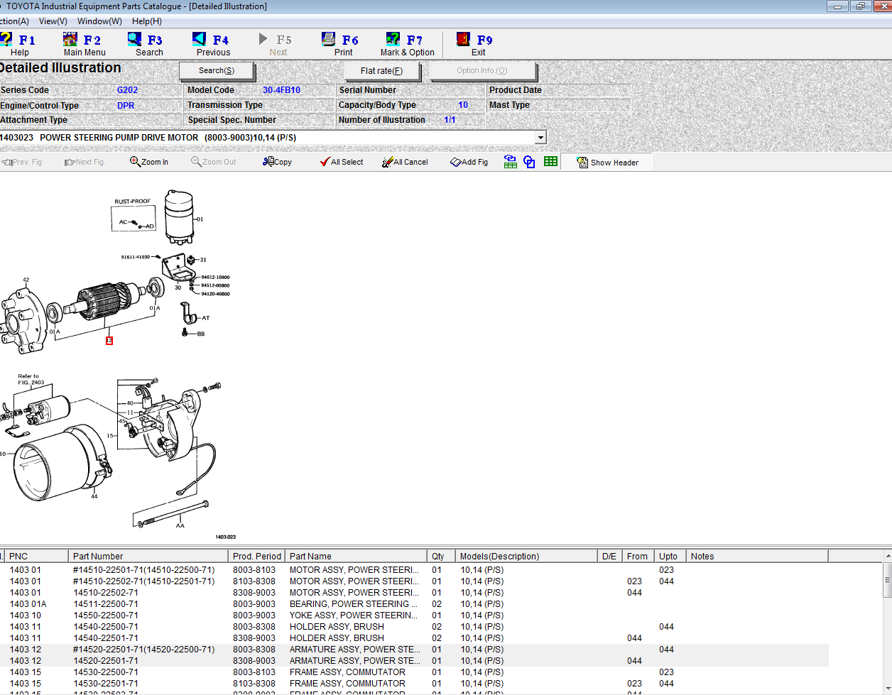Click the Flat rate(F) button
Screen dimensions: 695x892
[381, 71]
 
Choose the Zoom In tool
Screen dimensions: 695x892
[149, 162]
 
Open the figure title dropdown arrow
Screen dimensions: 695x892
[540, 137]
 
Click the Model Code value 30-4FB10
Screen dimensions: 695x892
[281, 90]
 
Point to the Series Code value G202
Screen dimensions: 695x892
[127, 90]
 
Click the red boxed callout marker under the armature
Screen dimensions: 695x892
[109, 341]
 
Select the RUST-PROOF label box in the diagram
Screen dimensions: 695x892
[134, 216]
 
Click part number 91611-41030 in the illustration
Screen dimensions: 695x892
[136, 257]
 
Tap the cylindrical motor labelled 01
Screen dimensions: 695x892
[179, 217]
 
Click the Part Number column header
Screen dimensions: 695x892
[98, 557]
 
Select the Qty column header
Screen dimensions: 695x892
[437, 557]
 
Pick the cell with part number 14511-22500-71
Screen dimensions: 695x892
[106, 604]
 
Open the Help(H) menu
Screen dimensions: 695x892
[146, 21]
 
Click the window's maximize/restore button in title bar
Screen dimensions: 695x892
[860, 6]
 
